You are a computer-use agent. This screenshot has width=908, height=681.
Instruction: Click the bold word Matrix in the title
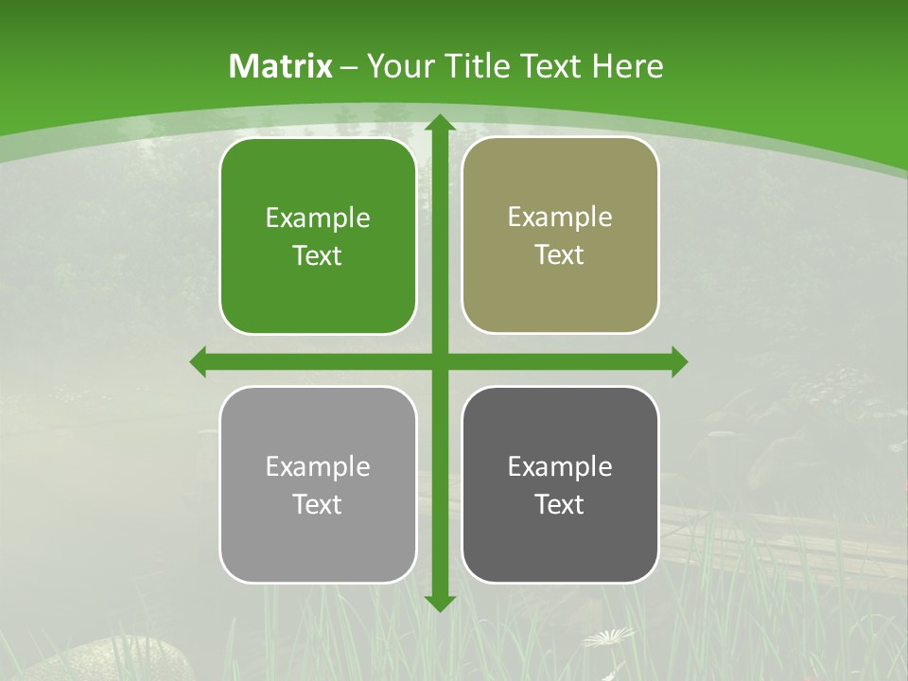click(281, 66)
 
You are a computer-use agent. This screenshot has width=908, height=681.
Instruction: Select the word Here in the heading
click(627, 66)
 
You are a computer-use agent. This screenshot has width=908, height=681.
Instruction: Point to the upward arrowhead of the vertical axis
click(439, 122)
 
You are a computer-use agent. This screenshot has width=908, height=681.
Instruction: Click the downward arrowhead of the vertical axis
click(439, 602)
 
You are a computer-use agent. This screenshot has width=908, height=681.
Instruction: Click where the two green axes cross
click(439, 362)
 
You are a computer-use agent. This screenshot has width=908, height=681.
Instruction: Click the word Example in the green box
click(318, 218)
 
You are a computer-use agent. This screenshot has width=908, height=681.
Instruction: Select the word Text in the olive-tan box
click(560, 255)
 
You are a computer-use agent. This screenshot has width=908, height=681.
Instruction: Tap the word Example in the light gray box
click(318, 466)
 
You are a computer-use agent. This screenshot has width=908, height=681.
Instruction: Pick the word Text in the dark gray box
click(560, 504)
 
